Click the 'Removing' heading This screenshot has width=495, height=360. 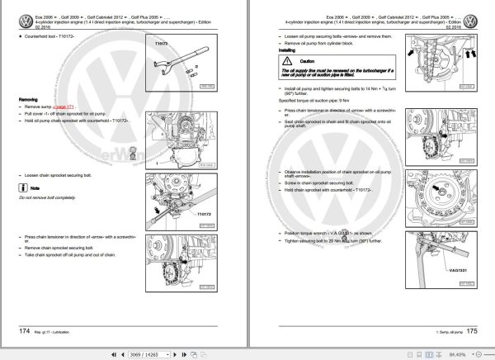click(30, 99)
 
